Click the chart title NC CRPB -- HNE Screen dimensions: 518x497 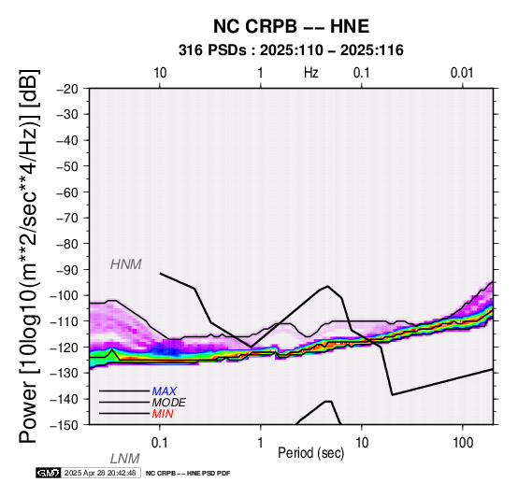291,26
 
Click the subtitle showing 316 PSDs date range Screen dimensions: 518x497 291,50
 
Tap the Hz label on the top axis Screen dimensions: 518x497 311,73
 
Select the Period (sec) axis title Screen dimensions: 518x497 310,453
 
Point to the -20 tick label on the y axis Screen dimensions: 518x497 67,89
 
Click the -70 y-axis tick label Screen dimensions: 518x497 67,218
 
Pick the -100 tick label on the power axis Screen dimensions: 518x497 65,295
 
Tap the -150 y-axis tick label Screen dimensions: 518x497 65,425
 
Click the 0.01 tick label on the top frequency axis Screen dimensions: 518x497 462,73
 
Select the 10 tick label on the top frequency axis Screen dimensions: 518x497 160,73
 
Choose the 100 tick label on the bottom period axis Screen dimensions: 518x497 463,443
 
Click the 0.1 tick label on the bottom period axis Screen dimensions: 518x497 160,443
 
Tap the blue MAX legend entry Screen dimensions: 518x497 165,391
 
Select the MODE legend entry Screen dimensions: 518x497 169,403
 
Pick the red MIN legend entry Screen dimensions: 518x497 163,414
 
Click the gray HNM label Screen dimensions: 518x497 126,264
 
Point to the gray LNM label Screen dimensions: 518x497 125,459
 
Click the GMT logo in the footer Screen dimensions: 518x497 49,473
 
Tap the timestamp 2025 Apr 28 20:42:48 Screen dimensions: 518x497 100,473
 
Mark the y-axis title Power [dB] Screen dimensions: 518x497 29,256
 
